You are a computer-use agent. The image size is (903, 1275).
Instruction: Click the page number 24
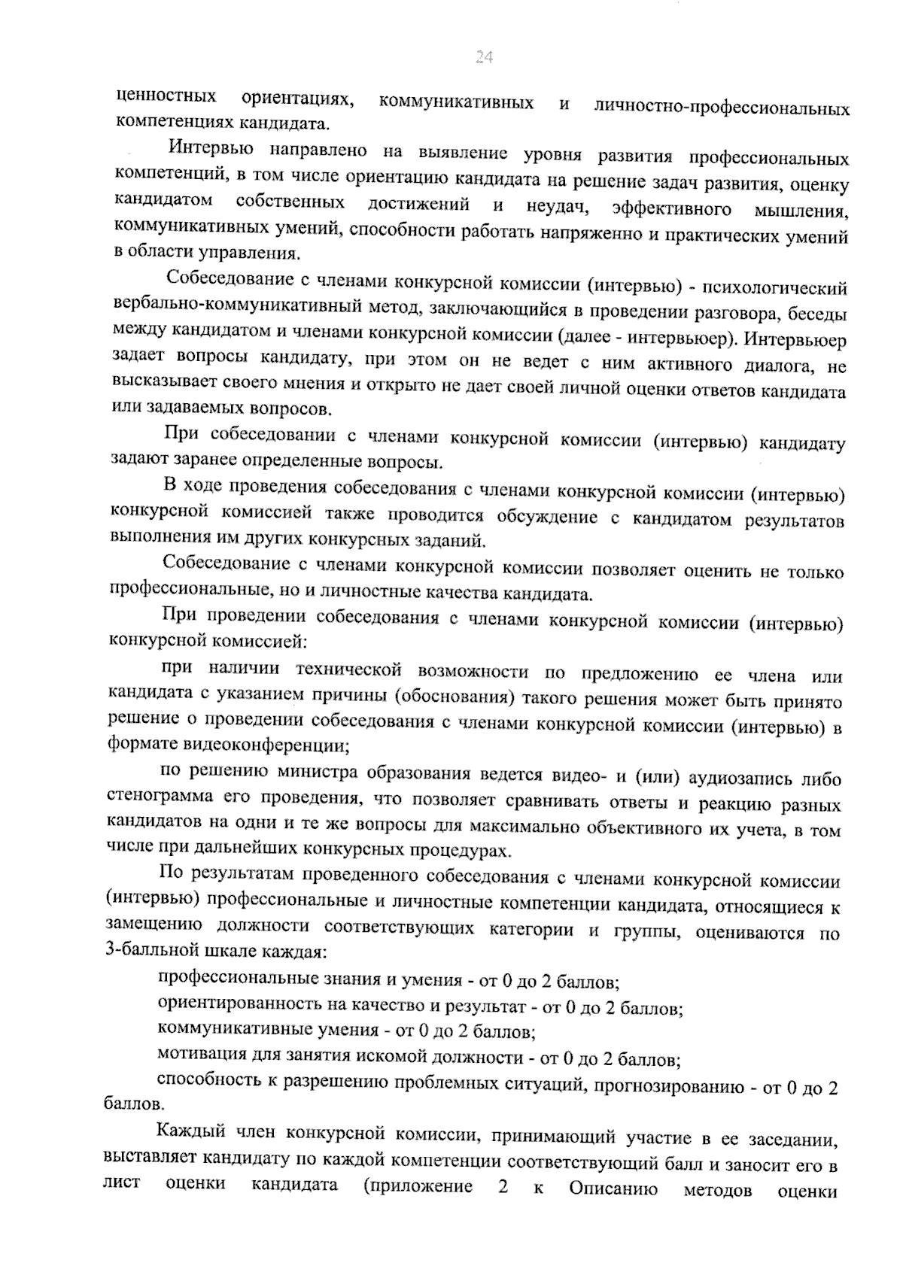click(484, 57)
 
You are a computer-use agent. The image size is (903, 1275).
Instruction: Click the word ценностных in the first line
click(167, 96)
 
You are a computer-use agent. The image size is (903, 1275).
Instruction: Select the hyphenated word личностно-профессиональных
click(722, 108)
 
